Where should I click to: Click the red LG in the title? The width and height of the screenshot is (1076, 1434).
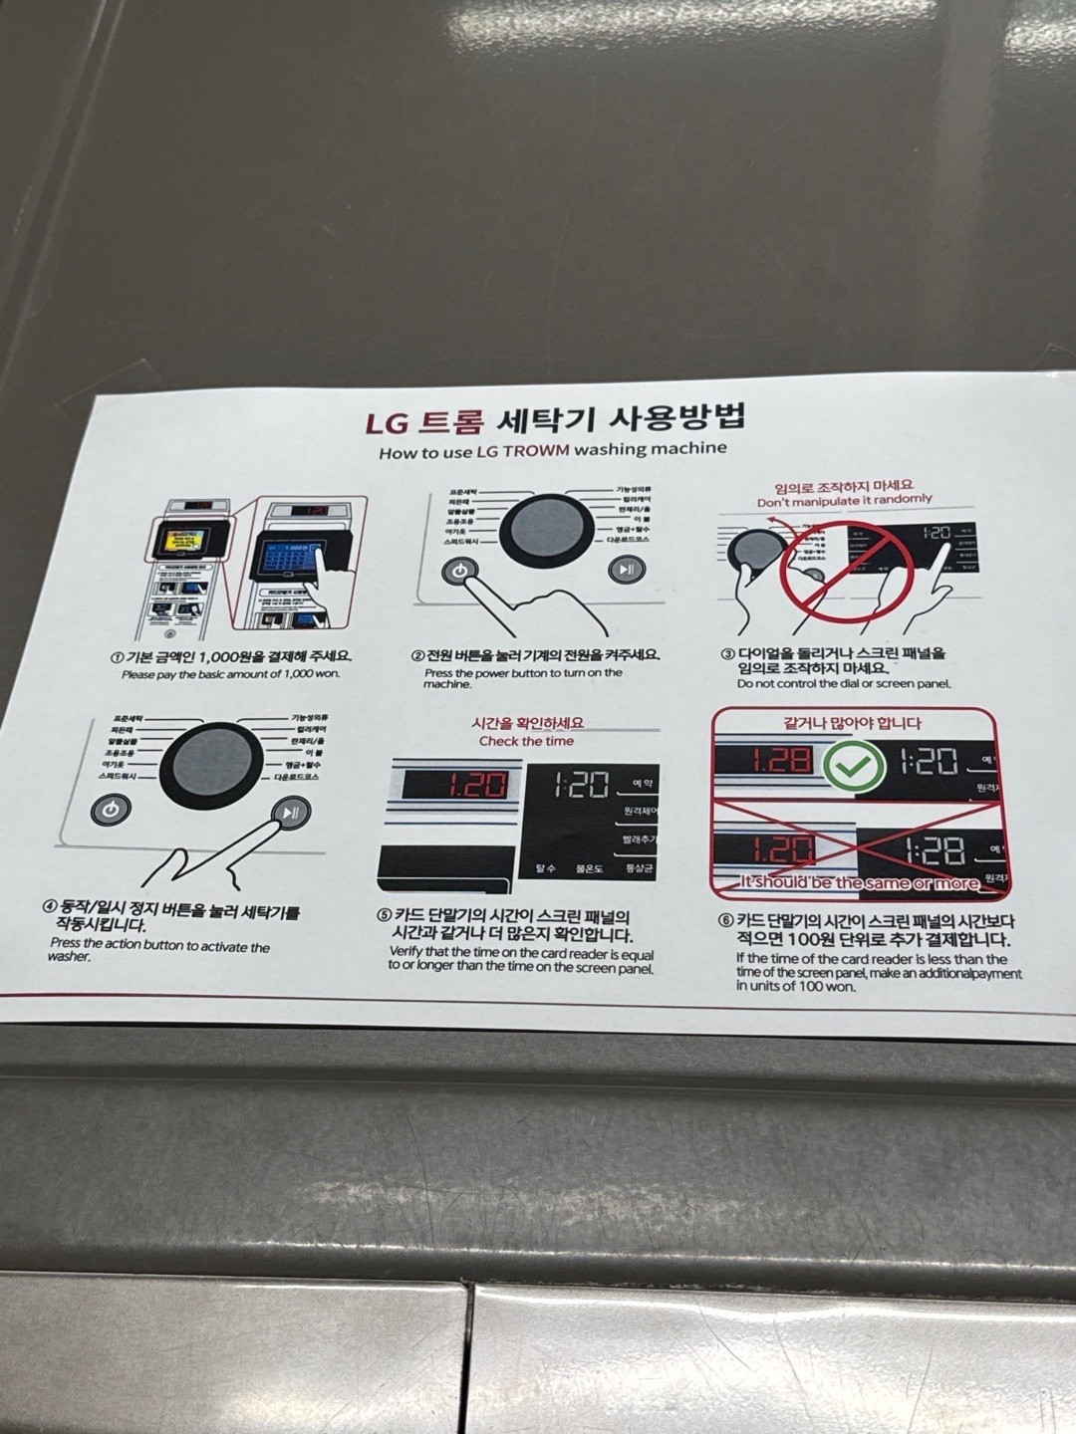tap(387, 423)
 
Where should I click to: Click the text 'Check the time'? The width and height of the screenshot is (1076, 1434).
tap(526, 741)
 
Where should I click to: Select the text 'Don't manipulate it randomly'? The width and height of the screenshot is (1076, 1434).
tap(844, 500)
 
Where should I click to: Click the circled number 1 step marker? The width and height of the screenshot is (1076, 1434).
tap(117, 658)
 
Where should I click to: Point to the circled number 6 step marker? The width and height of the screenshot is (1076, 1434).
tap(726, 921)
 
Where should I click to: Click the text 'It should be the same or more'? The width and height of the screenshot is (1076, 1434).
tap(859, 882)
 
